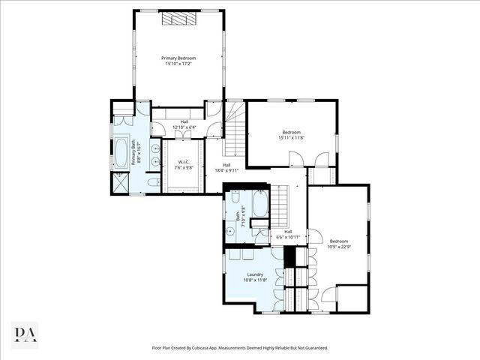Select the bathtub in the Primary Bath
pos(121,153)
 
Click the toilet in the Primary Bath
pos(153,183)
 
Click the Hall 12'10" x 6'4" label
pos(184,124)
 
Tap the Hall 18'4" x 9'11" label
pos(226,168)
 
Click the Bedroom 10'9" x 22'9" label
pos(339,244)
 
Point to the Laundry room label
pos(255,277)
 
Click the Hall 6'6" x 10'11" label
pos(288,235)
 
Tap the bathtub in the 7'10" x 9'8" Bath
pos(259,205)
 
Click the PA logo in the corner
pos(25,334)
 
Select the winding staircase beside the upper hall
pos(235,127)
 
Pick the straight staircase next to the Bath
pos(279,205)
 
